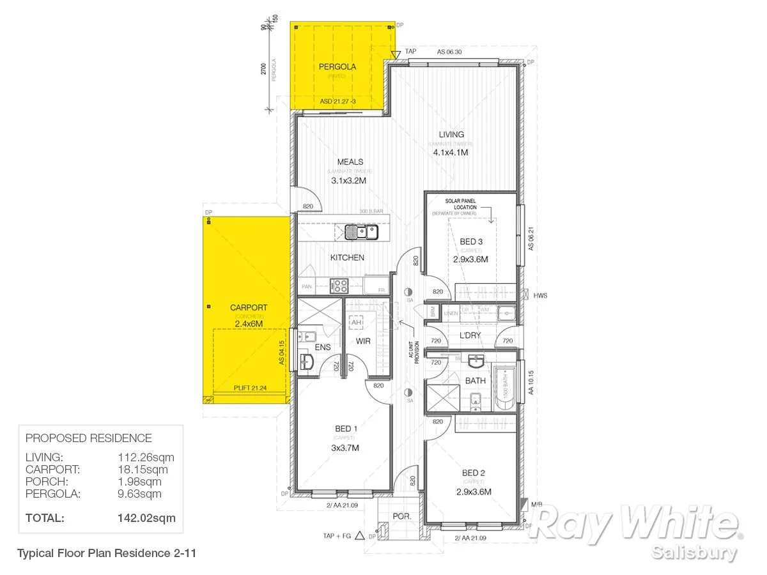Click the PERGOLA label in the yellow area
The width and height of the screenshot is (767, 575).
pos(337,66)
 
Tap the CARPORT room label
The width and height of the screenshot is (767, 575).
pos(249,307)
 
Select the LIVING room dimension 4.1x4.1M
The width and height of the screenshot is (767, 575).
pos(451,153)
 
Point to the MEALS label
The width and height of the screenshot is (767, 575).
pos(350,162)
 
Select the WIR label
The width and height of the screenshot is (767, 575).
pos(363,341)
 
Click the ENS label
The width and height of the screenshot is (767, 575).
pos(323,347)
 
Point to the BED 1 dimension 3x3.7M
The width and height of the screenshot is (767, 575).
pos(346,448)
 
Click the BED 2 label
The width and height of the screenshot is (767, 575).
pos(474,473)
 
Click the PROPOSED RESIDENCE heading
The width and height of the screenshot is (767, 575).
pos(88,438)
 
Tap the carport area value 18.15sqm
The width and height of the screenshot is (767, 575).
pos(143,470)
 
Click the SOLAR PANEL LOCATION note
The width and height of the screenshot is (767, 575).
pos(465,204)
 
